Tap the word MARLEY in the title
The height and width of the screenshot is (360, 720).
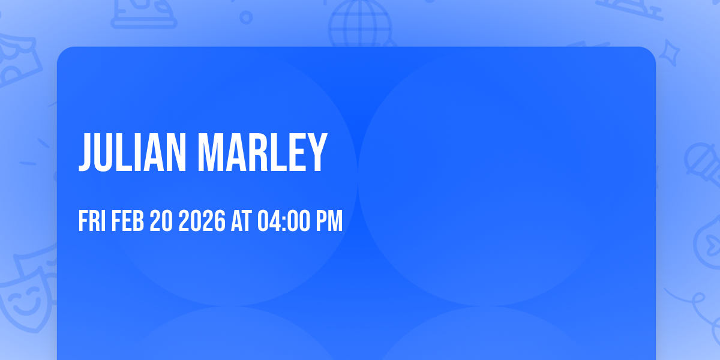pos(262,153)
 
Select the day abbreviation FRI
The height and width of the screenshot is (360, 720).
pos(92,222)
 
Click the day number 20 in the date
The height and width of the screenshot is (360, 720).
pos(161,222)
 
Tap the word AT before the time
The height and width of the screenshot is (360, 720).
pos(240,222)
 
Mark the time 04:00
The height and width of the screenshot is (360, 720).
pos(284,222)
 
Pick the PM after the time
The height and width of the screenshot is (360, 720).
pos(330,222)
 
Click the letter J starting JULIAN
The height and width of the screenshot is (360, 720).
pos(86,153)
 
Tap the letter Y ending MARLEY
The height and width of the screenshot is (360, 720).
pos(317,153)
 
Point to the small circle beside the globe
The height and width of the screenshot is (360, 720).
pos(246,17)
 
